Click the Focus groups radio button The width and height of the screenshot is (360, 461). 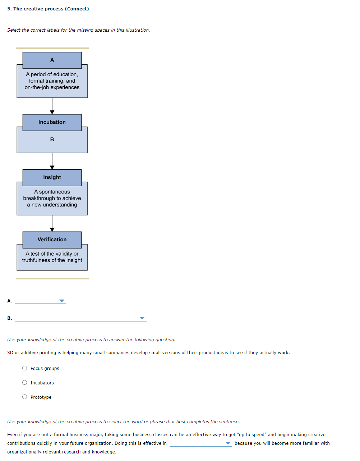point(24,368)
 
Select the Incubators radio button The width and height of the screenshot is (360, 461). point(24,383)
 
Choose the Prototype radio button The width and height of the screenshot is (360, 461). point(24,397)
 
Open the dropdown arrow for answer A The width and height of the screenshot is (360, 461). point(62,301)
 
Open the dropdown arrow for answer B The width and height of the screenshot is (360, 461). point(142,318)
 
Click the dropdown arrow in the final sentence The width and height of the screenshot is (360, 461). point(228,443)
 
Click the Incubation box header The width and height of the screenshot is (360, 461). point(52,122)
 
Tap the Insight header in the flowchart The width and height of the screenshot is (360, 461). point(52,177)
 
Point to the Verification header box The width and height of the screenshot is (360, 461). point(52,239)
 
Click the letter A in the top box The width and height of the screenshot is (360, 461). point(52,60)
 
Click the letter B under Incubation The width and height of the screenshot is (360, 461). point(52,140)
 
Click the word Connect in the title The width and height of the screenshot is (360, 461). point(77,9)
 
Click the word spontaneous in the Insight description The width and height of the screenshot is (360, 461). point(54,192)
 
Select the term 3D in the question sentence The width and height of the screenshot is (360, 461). point(10,353)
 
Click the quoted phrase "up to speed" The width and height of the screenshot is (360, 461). point(251,435)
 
